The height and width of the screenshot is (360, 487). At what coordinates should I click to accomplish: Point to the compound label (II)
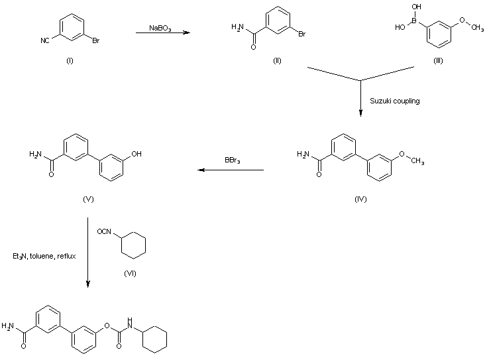[x=277, y=61]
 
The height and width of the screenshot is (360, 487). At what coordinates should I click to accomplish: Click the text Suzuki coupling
[x=394, y=101]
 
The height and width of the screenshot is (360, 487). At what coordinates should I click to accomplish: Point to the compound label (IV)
[x=360, y=199]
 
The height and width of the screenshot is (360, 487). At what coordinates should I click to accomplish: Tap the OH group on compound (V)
[x=136, y=153]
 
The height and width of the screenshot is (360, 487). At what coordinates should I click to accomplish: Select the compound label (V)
[x=87, y=199]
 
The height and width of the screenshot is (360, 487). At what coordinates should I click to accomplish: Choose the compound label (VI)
[x=130, y=273]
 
